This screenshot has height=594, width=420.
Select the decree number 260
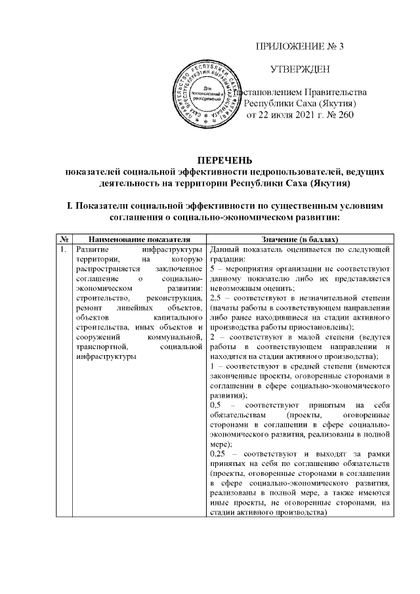(x=345, y=116)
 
